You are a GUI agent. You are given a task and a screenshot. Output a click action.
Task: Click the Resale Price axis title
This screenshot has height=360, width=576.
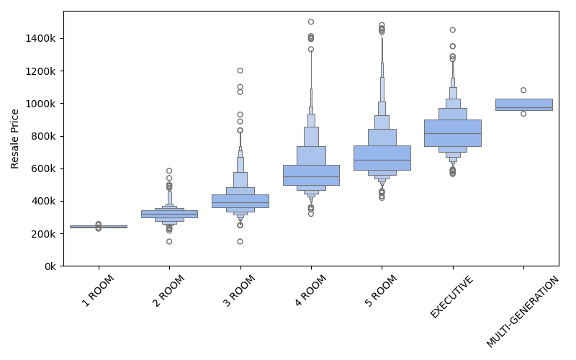pyautogui.click(x=15, y=138)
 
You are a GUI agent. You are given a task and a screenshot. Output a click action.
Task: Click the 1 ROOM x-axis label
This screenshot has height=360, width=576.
pyautogui.click(x=98, y=291)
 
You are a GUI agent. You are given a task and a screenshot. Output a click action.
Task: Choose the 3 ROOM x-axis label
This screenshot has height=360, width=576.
pyautogui.click(x=239, y=291)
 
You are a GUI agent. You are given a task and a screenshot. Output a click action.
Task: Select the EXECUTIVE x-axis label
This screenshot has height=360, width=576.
pyautogui.click(x=451, y=297)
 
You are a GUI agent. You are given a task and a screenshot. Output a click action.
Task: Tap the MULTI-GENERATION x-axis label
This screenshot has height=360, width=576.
pyautogui.click(x=523, y=312)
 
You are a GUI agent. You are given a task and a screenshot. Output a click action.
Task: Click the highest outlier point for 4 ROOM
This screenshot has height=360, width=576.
pyautogui.click(x=311, y=22)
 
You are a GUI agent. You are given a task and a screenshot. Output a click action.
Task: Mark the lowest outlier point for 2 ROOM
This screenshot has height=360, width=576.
pyautogui.click(x=169, y=241)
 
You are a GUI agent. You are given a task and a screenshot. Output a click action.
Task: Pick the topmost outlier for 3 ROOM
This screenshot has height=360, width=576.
pyautogui.click(x=240, y=71)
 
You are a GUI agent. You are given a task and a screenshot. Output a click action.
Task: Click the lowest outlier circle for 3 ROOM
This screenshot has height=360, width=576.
pyautogui.click(x=240, y=241)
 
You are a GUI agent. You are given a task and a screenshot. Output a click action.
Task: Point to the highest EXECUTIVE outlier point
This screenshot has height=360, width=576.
pyautogui.click(x=452, y=30)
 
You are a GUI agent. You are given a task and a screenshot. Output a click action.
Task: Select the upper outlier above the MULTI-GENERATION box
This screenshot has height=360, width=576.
pyautogui.click(x=523, y=90)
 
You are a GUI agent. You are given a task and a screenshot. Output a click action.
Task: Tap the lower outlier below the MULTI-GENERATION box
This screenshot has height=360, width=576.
pyautogui.click(x=523, y=114)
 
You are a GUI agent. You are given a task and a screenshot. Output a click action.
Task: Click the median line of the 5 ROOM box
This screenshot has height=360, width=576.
pyautogui.click(x=382, y=160)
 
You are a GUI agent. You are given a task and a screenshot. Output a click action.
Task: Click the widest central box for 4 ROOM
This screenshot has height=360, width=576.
pyautogui.click(x=311, y=175)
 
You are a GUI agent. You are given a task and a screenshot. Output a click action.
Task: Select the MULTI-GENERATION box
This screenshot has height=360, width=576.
pyautogui.click(x=523, y=104)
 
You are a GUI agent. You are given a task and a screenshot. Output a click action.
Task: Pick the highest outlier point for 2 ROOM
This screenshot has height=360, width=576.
pyautogui.click(x=169, y=171)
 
